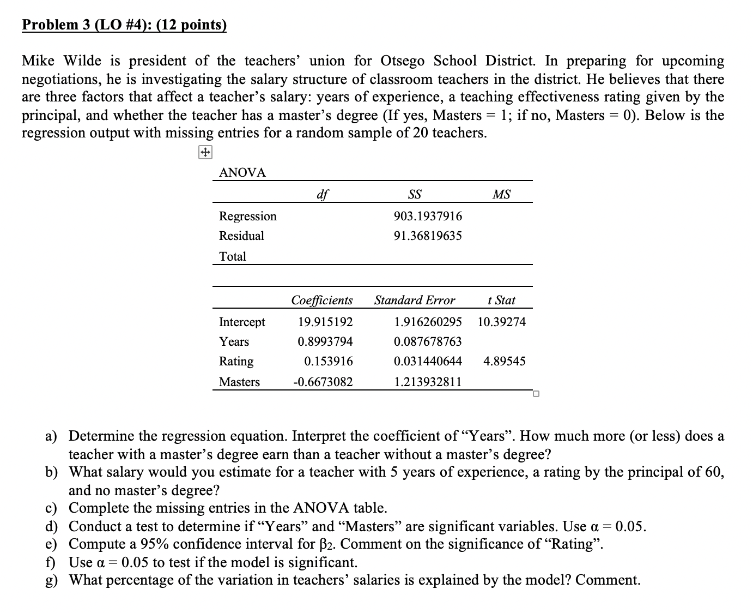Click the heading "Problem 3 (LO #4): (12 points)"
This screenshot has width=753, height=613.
tap(124, 25)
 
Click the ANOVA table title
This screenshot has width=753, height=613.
tap(242, 173)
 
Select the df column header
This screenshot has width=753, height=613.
tap(323, 194)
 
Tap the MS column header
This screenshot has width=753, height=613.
tap(501, 194)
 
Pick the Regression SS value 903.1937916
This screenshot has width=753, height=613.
tap(427, 216)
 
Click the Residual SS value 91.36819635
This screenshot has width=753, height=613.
tap(427, 236)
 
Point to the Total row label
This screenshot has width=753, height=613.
tap(233, 256)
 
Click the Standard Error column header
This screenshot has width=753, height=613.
tap(414, 300)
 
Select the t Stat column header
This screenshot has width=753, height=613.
tap(501, 300)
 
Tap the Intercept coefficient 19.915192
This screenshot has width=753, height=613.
tap(325, 322)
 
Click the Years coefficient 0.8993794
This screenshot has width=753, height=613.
tap(325, 341)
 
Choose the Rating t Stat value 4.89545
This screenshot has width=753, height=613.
tap(504, 361)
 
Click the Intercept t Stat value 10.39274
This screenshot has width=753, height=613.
tap(501, 322)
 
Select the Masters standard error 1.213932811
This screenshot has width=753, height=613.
tap(427, 382)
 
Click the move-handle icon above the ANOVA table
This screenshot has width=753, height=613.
tap(205, 153)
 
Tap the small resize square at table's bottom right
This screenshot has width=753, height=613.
tap(536, 394)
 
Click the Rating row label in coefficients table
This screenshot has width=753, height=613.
tap(236, 361)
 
